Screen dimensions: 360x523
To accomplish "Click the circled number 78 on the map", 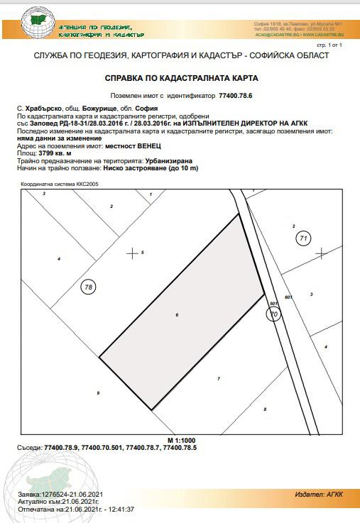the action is [x=88, y=287].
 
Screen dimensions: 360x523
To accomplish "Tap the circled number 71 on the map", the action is [x=303, y=238].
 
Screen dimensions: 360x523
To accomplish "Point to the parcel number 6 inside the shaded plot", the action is [x=176, y=314].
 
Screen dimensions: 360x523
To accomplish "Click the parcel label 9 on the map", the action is [x=98, y=392].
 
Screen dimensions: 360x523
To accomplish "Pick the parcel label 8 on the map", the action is [x=265, y=409].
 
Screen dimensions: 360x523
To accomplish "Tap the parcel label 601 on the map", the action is [x=288, y=297].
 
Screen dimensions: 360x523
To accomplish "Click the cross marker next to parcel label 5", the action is [x=131, y=253].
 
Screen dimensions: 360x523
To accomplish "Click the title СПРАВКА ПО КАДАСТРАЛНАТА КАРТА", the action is [x=180, y=77].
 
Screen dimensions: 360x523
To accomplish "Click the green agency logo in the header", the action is [x=38, y=23].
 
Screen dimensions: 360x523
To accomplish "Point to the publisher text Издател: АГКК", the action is [x=318, y=494].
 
